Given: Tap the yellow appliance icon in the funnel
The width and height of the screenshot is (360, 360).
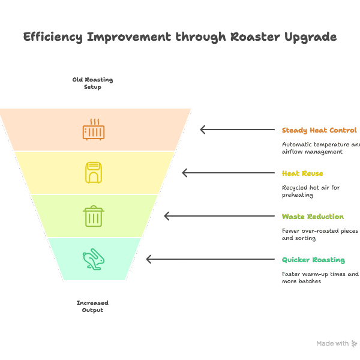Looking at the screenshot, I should coord(94,173).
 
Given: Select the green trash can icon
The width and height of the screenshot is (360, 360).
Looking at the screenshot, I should coord(94,216).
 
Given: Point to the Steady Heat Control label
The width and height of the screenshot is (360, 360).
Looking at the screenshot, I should coord(319,130).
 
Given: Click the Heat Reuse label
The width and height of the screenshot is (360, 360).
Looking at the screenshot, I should coord(302,173).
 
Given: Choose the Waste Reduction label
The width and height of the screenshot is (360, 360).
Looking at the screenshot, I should coord(313,217).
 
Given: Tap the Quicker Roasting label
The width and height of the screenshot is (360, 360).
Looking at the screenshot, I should coord(313,260).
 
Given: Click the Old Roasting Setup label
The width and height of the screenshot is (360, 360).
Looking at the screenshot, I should coord(92,83).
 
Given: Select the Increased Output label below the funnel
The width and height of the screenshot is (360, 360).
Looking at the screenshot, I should coord(92,307).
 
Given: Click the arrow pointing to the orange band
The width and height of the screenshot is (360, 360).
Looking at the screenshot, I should coord(236,130).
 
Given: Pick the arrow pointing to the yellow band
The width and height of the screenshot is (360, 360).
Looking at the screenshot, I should coord(227,173).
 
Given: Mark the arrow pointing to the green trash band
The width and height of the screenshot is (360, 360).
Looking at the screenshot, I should coord(218,216).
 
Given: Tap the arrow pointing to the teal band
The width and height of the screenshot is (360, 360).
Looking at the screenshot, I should coord(209,259).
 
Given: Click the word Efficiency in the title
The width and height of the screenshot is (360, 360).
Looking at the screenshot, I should coord(53,37).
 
